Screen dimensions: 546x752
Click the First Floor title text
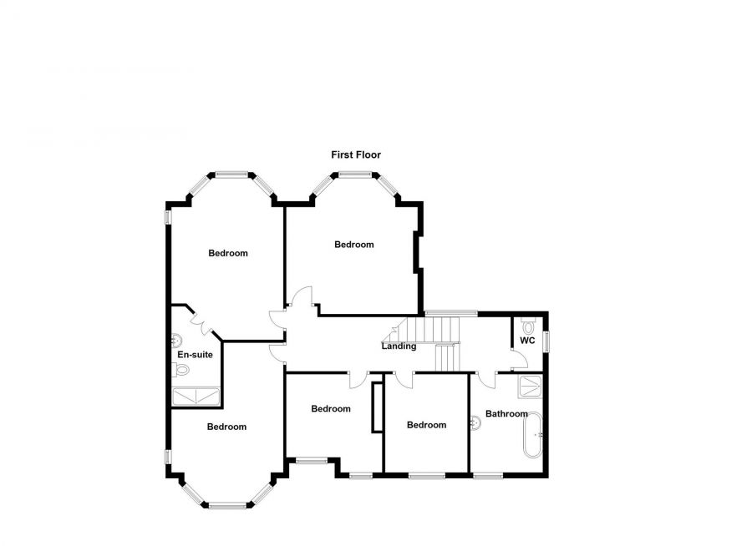pyautogui.click(x=356, y=154)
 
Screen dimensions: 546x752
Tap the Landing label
pyautogui.click(x=399, y=346)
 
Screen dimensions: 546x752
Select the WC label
pyautogui.click(x=527, y=341)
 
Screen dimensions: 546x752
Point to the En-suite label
pyautogui.click(x=195, y=355)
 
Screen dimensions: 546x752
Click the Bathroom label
pyautogui.click(x=506, y=414)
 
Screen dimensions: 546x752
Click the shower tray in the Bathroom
pyautogui.click(x=530, y=387)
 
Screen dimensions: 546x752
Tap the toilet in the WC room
pyautogui.click(x=526, y=326)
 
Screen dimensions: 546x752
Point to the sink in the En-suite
pyautogui.click(x=176, y=340)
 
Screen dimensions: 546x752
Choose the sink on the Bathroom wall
pyautogui.click(x=475, y=423)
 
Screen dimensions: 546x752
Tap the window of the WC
pyautogui.click(x=546, y=341)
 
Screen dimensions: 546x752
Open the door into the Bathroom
pyautogui.click(x=487, y=380)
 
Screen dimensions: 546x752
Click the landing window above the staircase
pyautogui.click(x=451, y=313)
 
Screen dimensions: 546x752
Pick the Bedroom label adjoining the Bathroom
pyautogui.click(x=426, y=425)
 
